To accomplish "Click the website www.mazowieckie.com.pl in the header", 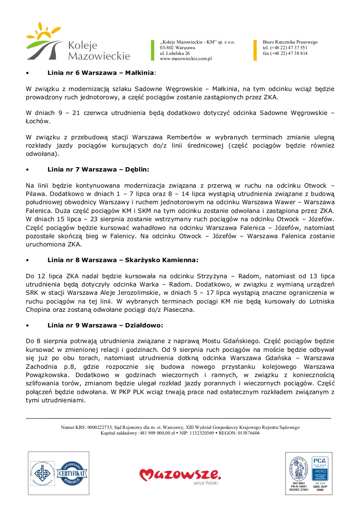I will (186, 58).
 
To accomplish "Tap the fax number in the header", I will (285, 53).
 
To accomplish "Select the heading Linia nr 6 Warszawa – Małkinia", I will (101, 72).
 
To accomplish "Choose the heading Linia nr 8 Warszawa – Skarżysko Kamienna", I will (122, 260).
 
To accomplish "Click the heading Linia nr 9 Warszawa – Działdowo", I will (105, 325).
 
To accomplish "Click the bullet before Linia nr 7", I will (27, 169).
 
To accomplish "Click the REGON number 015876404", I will (247, 433).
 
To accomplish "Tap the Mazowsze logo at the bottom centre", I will (180, 475).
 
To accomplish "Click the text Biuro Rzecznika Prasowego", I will (290, 42).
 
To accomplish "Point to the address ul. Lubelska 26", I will (175, 53).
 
